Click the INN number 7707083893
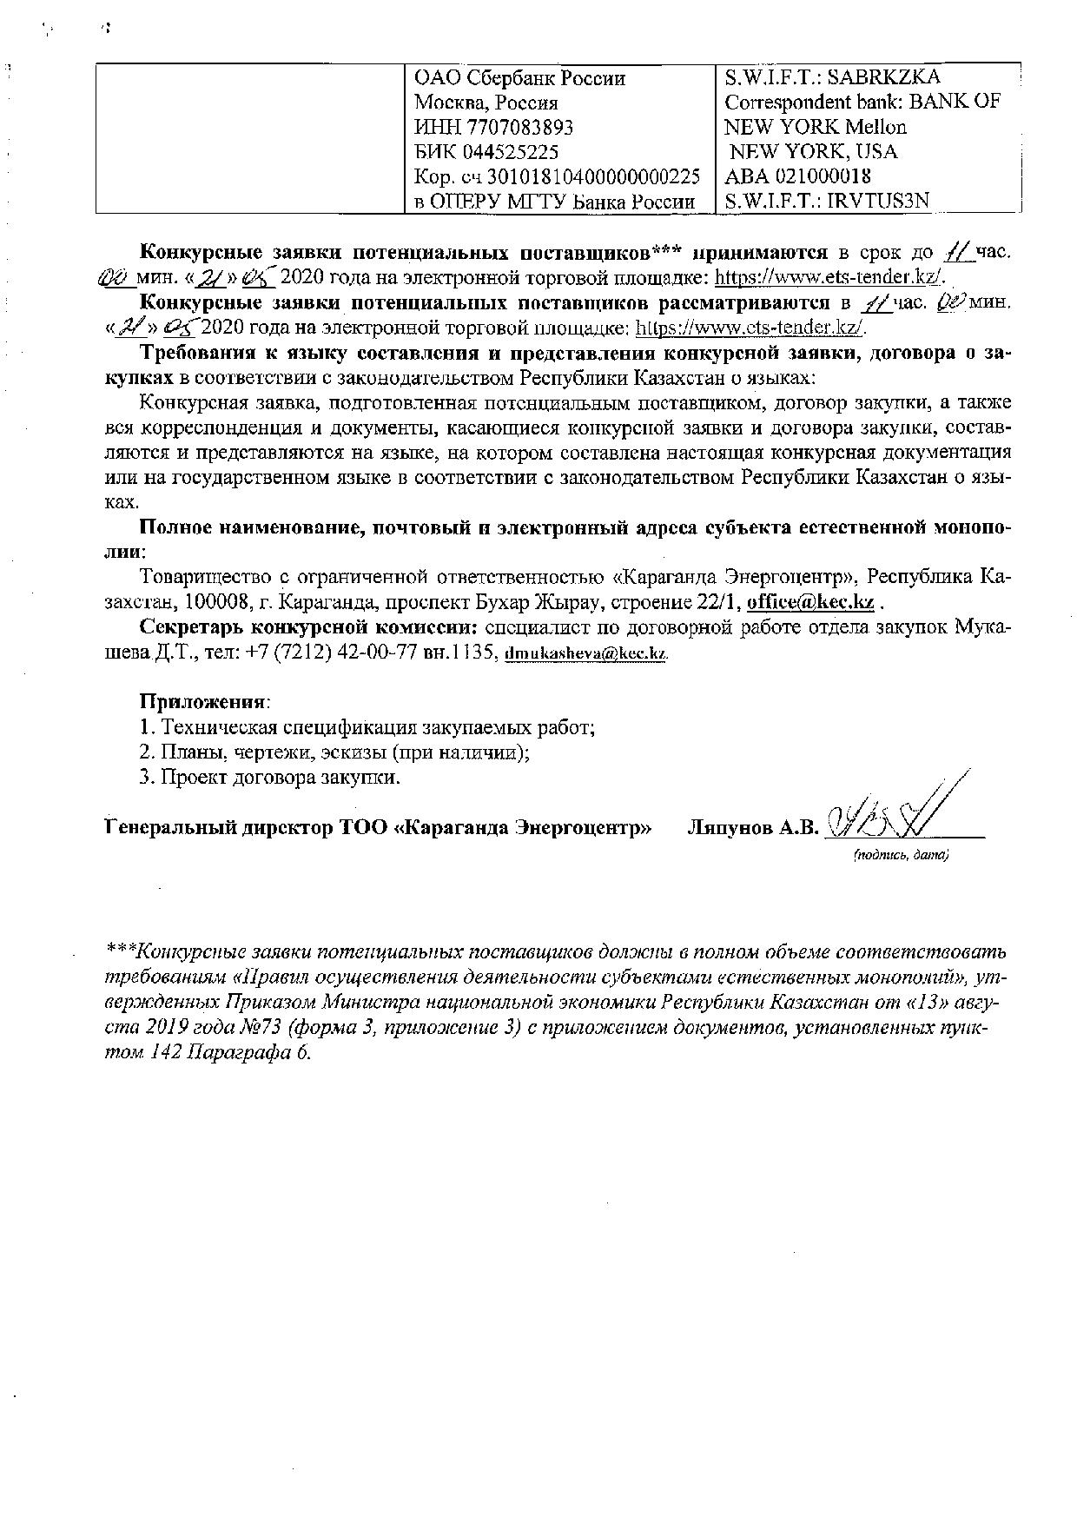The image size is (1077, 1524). point(519,128)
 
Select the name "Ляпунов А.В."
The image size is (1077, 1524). point(753,828)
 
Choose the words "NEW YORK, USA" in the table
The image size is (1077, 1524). point(815,152)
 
